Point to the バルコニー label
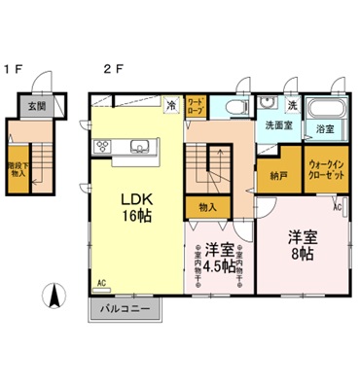coord(126,310)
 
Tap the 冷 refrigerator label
coord(170,104)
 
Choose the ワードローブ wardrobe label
coord(196,105)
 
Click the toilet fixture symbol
coord(236,107)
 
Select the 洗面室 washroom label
coord(278,126)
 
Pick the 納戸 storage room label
coord(277,175)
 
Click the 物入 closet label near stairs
coord(206,207)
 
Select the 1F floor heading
coord(12,68)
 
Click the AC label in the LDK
coord(101,284)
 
